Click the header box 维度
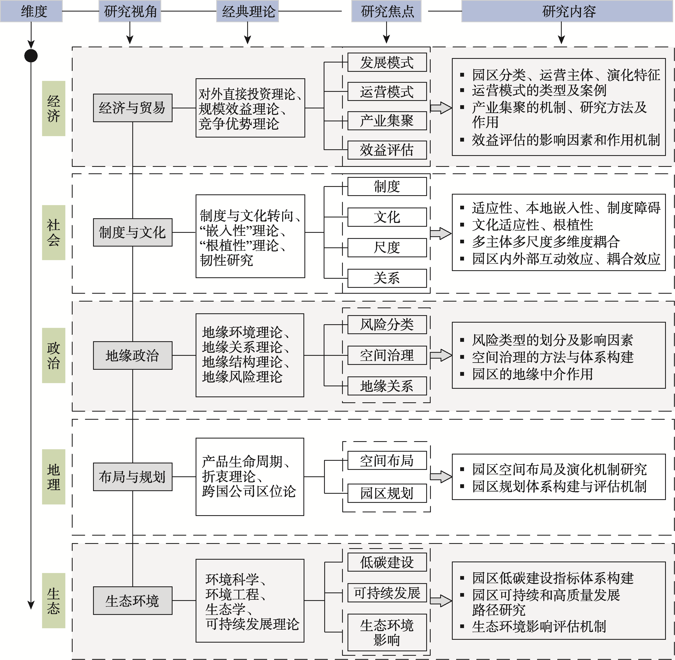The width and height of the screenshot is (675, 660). click(x=31, y=11)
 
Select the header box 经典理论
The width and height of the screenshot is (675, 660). click(x=248, y=11)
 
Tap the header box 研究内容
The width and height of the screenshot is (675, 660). click(x=568, y=11)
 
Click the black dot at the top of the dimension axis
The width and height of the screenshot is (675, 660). click(x=31, y=56)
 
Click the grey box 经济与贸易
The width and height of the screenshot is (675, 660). click(x=133, y=108)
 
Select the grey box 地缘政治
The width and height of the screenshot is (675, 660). click(x=133, y=355)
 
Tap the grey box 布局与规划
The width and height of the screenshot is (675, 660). click(x=133, y=477)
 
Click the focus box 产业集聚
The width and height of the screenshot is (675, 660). click(x=387, y=121)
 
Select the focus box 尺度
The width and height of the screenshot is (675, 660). click(x=387, y=248)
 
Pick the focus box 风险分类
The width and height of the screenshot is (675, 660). click(x=387, y=324)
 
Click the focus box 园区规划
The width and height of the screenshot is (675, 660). click(x=387, y=493)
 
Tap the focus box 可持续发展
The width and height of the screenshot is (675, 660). click(x=387, y=593)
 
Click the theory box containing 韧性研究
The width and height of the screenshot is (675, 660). click(x=250, y=236)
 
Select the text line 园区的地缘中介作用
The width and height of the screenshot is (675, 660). click(x=532, y=374)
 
